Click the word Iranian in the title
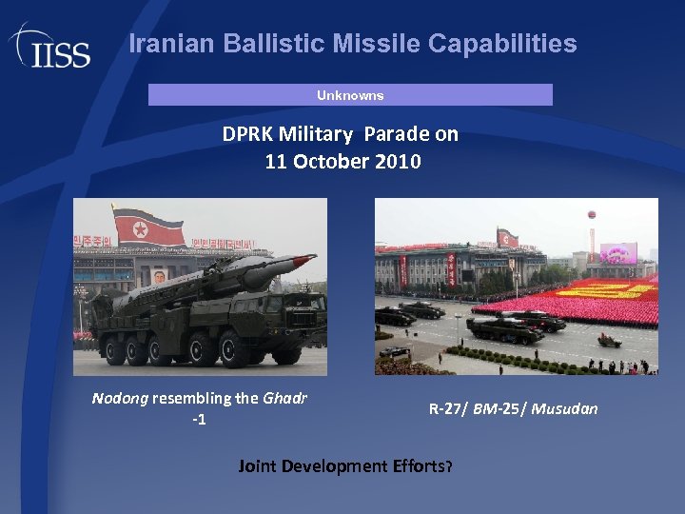(x=168, y=44)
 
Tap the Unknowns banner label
(x=350, y=95)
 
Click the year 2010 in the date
(x=399, y=162)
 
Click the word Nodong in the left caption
(x=119, y=398)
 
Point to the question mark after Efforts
(x=449, y=466)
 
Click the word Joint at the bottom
(x=257, y=466)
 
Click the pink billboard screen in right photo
(x=617, y=253)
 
